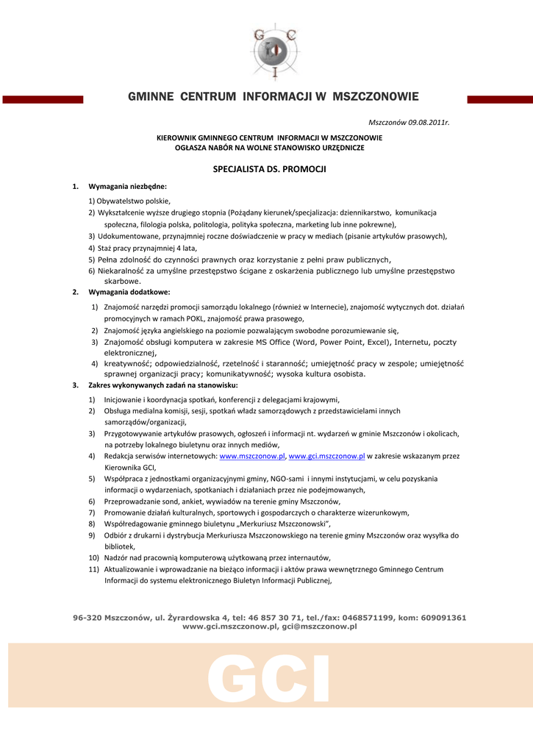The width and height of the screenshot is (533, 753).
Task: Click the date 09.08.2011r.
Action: click(424, 121)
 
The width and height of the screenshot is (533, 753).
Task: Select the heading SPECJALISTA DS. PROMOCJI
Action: click(269, 169)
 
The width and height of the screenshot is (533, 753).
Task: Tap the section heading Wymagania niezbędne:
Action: click(127, 187)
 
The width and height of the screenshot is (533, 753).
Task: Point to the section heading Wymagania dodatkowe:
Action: click(129, 292)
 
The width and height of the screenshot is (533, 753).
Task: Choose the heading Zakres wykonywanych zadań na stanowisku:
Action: click(162, 385)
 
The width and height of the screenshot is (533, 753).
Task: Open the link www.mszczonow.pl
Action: click(252, 456)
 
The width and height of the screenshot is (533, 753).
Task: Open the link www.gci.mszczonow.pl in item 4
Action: click(326, 456)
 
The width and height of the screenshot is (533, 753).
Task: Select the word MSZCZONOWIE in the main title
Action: click(376, 96)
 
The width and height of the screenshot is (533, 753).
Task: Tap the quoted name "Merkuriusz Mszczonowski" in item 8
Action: click(271, 524)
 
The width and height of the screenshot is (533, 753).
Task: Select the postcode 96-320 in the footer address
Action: click(87, 618)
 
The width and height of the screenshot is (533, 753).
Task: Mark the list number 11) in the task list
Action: click(93, 569)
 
